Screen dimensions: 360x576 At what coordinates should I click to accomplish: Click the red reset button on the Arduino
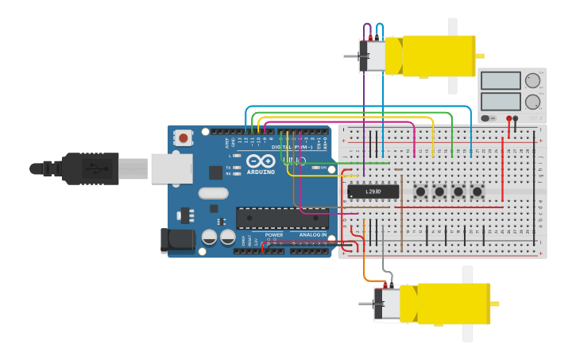[184, 137]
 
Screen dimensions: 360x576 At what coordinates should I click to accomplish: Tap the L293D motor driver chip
[373, 192]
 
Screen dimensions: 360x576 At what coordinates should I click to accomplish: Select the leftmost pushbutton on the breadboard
[419, 192]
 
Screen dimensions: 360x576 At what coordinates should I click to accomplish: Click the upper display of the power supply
[501, 80]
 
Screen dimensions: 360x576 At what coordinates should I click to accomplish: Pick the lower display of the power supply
[501, 101]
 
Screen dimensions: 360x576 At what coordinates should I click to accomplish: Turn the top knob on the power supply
[532, 80]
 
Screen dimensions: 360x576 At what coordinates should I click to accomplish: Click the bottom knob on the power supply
[532, 101]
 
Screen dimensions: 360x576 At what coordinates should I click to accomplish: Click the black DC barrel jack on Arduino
[176, 241]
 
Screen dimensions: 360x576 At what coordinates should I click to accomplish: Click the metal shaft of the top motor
[351, 56]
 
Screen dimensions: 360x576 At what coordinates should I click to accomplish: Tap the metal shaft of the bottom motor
[365, 304]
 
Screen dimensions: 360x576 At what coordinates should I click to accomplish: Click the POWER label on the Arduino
[273, 235]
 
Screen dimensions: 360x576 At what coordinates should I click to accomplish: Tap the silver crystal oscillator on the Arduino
[213, 192]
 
